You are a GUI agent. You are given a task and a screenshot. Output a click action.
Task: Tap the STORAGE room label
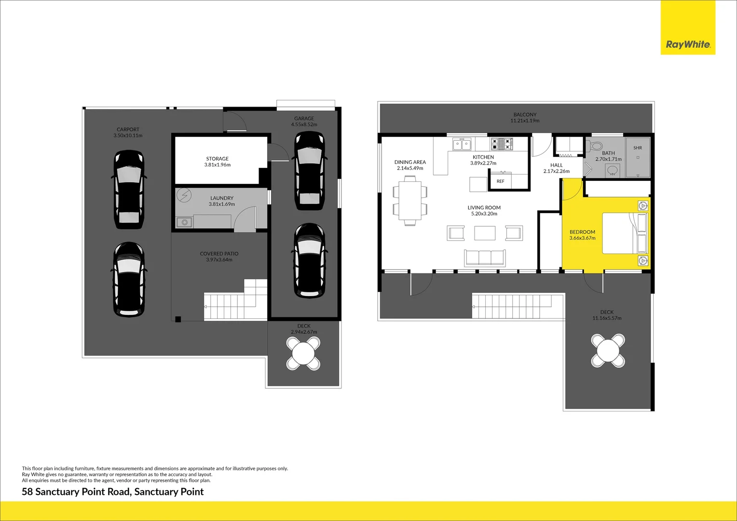click(x=217, y=159)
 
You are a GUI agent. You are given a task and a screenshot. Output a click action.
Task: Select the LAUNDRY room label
click(x=222, y=198)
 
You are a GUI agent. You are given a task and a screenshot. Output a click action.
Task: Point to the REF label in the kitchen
click(x=501, y=181)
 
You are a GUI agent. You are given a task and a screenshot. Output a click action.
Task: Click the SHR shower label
click(x=638, y=148)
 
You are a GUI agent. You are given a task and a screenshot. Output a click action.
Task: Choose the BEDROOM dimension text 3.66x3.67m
click(x=582, y=238)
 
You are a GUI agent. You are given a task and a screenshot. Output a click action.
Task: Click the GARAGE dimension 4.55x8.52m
click(x=304, y=124)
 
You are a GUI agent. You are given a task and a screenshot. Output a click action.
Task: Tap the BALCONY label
click(x=525, y=114)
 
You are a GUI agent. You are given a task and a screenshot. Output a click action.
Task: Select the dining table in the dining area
click(x=410, y=200)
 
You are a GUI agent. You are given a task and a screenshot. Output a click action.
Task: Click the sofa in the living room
click(x=485, y=258)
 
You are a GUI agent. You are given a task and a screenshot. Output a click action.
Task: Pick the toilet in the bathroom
click(x=594, y=146)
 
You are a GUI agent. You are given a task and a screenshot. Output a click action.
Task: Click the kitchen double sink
click(x=462, y=144)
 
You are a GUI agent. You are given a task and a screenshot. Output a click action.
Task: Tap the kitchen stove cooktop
click(x=502, y=144)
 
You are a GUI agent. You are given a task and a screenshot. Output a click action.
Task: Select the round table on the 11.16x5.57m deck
click(x=608, y=351)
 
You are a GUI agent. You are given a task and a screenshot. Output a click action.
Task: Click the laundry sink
click(x=184, y=222)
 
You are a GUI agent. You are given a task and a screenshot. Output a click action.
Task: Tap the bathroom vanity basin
click(x=612, y=170)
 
